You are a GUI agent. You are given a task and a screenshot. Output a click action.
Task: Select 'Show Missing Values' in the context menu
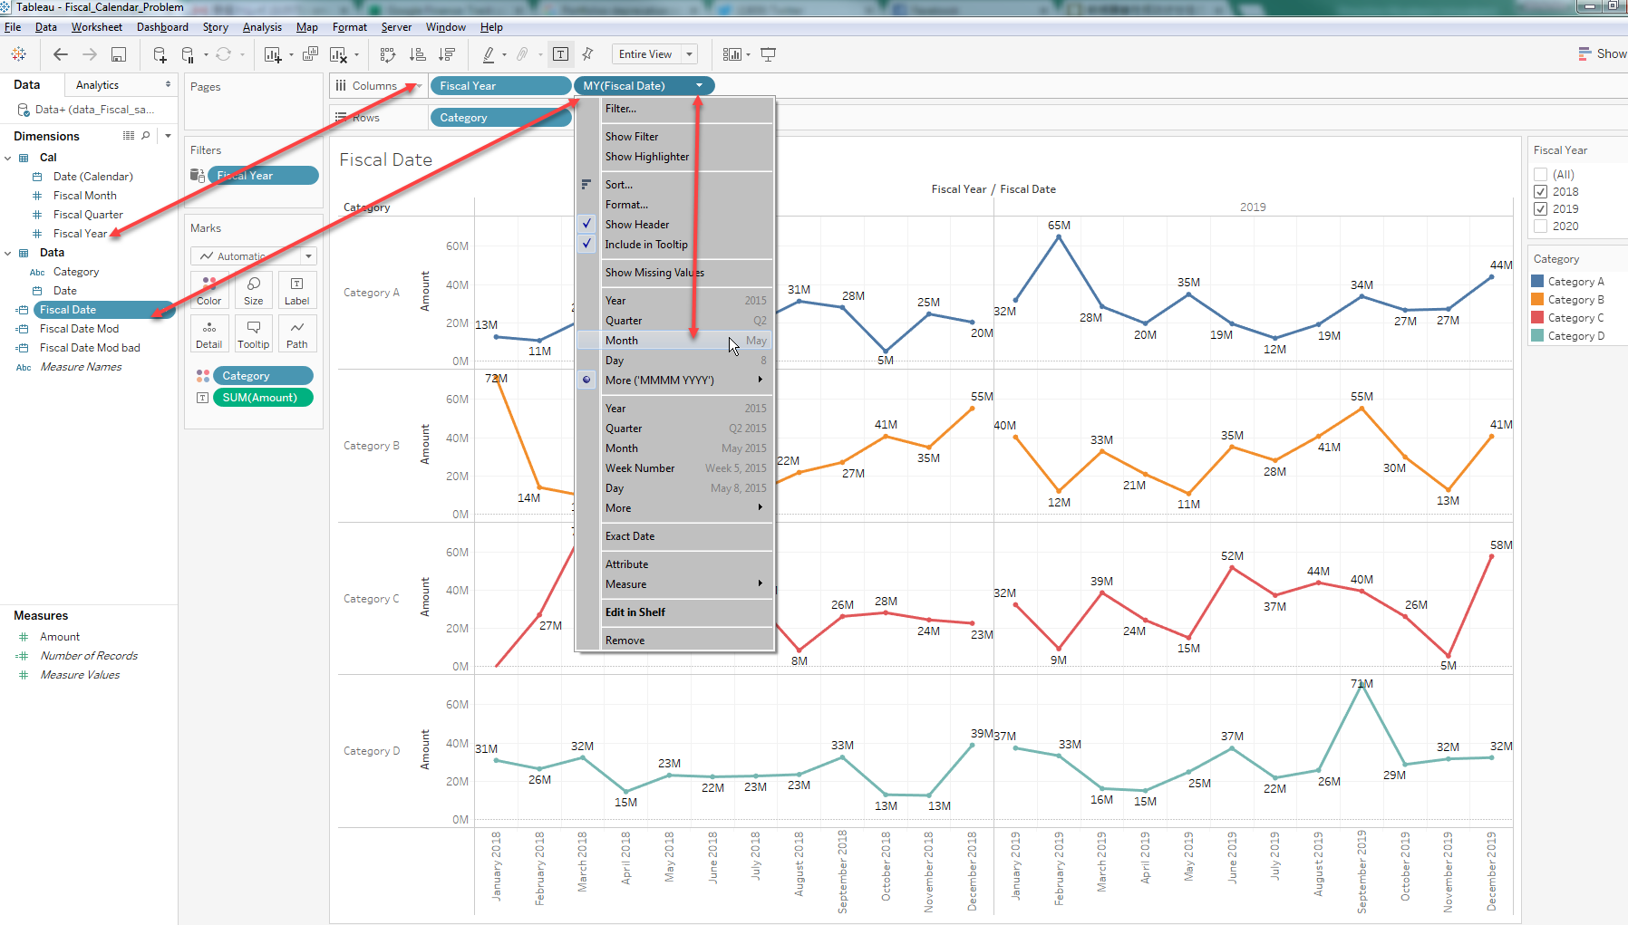(x=654, y=273)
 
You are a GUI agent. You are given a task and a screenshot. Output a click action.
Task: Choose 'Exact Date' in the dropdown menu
(x=630, y=536)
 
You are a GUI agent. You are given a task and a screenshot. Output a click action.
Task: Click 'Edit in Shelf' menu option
(x=635, y=612)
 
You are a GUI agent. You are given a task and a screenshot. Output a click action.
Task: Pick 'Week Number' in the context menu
(x=640, y=468)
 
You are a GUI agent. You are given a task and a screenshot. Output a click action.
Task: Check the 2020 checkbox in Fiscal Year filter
(x=1540, y=226)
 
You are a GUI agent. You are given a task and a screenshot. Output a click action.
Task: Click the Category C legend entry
(x=1575, y=318)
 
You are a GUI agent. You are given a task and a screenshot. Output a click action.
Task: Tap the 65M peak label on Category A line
(x=1059, y=226)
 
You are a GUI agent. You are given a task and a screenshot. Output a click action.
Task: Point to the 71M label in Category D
(x=1362, y=684)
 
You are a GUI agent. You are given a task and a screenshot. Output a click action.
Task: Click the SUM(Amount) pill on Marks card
(x=260, y=398)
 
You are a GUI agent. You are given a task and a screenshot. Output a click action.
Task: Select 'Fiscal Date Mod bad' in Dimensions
(x=90, y=348)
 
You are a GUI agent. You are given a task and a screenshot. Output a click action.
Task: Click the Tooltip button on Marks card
(x=254, y=332)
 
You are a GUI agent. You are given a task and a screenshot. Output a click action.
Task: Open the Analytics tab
(x=98, y=85)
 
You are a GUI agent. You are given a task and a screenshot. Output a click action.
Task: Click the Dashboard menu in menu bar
(x=162, y=27)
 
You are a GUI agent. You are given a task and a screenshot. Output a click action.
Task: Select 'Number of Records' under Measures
(x=89, y=656)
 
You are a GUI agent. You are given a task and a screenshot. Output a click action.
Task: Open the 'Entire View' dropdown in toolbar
(x=689, y=54)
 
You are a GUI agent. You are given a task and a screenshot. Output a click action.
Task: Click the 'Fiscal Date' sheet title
(x=385, y=160)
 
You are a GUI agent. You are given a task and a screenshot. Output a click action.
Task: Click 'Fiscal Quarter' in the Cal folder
(x=88, y=215)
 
